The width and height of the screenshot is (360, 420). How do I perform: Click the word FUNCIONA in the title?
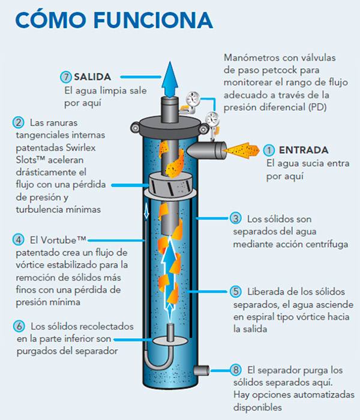pos(153,20)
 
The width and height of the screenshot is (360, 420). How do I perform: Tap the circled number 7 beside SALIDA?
pos(66,77)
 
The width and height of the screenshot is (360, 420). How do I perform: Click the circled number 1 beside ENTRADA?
pos(269,150)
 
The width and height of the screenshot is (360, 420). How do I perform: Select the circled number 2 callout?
pos(19,122)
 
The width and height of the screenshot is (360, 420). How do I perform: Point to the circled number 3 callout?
pos(236,218)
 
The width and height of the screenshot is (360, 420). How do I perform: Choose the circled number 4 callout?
pos(19,240)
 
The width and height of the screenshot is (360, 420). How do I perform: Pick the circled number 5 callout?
pos(236,291)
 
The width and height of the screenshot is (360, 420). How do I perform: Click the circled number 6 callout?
pos(19,326)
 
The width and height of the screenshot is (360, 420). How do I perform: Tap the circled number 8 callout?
pos(236,370)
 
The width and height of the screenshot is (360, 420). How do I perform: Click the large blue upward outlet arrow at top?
pos(170,80)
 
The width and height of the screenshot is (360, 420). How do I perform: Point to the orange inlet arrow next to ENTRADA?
pos(241,150)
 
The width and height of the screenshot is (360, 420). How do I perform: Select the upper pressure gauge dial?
pos(193,99)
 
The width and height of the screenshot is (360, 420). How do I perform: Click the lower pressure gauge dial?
pos(212,119)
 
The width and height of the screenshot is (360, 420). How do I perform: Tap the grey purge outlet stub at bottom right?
pos(202,371)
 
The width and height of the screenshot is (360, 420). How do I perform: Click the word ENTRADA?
pos(304,150)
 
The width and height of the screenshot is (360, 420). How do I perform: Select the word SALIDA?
pos(92,77)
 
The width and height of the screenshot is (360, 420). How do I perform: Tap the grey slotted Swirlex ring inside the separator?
pos(170,184)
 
